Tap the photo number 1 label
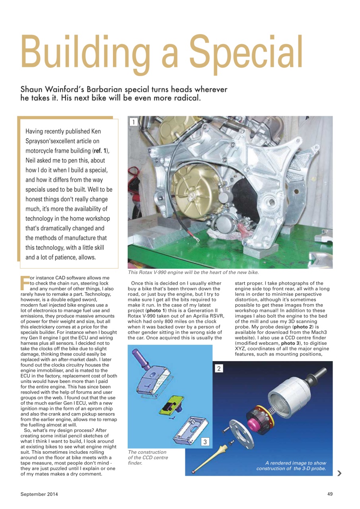click(x=134, y=122)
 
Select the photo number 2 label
click(x=219, y=368)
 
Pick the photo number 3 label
click(x=205, y=442)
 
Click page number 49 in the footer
click(x=330, y=494)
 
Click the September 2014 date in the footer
click(x=39, y=494)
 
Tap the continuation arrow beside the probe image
click(x=339, y=473)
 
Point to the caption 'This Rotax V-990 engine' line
click(x=193, y=272)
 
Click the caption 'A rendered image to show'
click(x=296, y=463)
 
